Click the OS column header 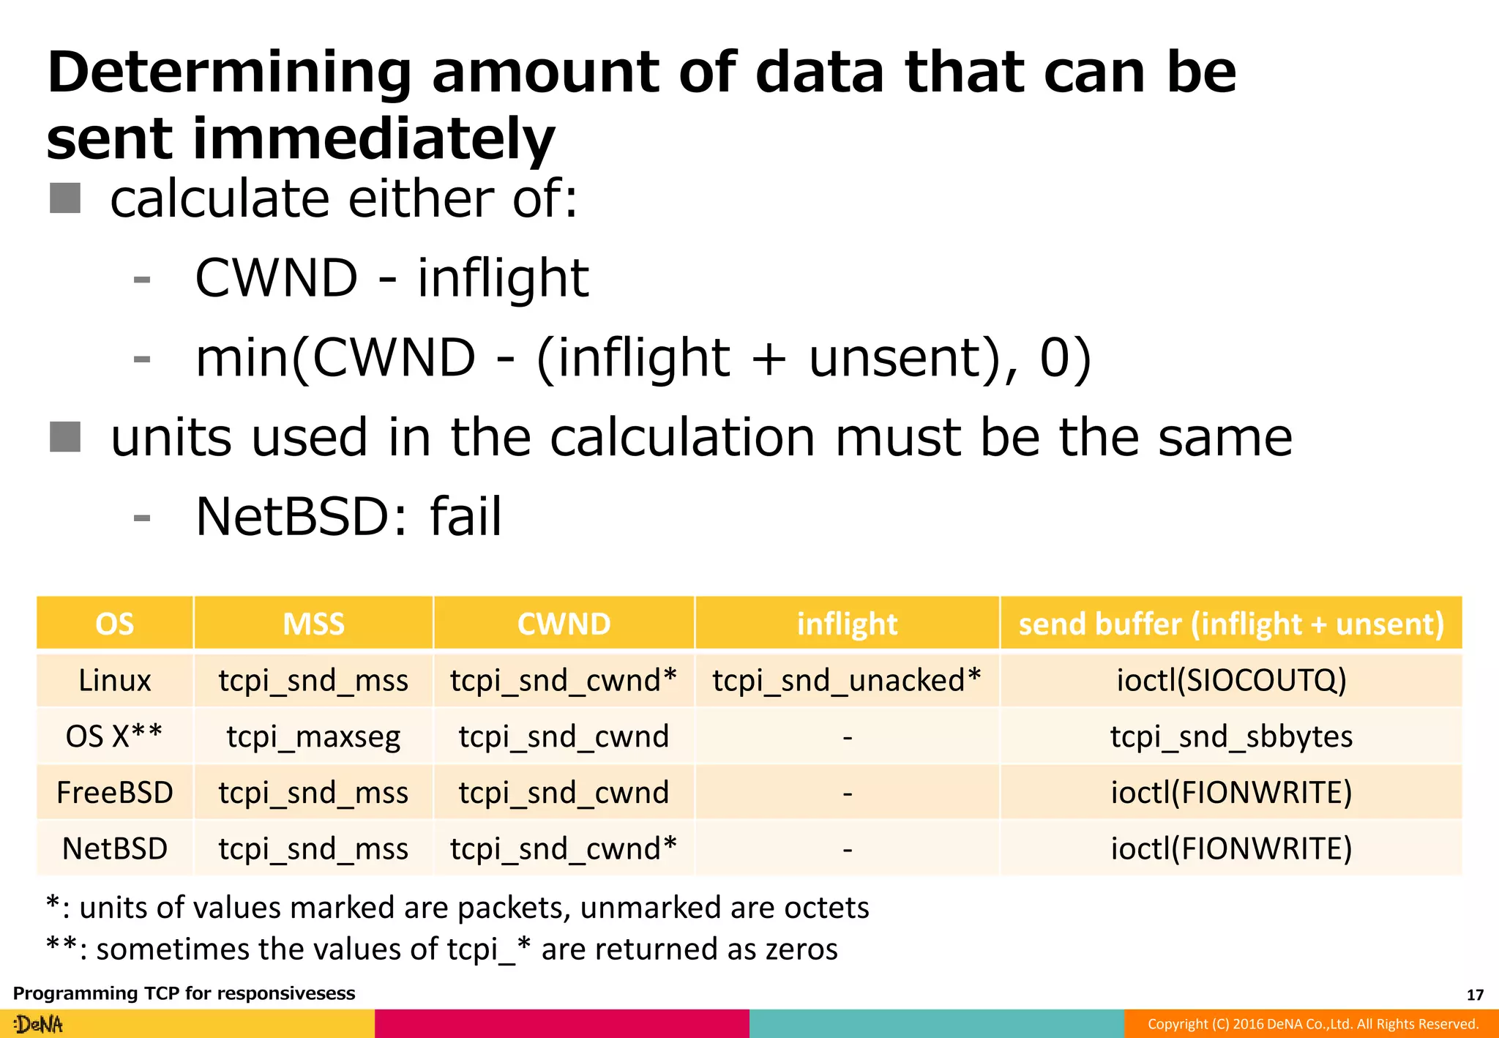coord(115,624)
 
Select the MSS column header coord(313,624)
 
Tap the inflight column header coord(847,624)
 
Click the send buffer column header coord(1231,624)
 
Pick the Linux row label coord(115,680)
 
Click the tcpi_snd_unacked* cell coord(847,680)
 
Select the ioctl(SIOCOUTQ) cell coord(1231,680)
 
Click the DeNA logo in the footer coord(39,1024)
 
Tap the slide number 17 coord(1475,995)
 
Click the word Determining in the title coord(229,74)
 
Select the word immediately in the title coord(373,140)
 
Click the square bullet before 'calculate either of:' coord(65,198)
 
